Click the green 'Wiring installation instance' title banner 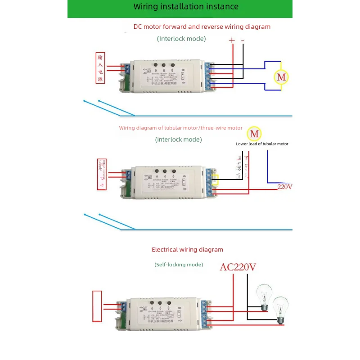coord(180,7)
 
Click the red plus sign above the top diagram coord(232,40)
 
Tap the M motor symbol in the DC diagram coord(281,77)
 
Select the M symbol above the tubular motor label coord(255,134)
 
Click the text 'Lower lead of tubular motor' coord(262,144)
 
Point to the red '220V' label coord(284,187)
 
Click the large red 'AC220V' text coord(238,267)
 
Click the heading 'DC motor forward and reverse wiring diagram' coord(202,27)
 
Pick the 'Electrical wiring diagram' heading coord(187,249)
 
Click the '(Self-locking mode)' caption coord(179,265)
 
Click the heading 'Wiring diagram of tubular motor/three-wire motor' coord(180,128)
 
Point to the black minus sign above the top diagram coord(243,40)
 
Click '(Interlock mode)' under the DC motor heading coord(181,39)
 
